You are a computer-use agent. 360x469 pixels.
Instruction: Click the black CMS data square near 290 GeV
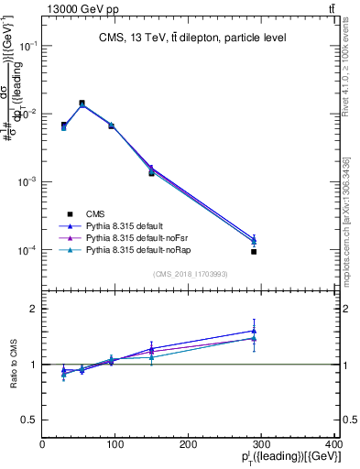pyautogui.click(x=254, y=252)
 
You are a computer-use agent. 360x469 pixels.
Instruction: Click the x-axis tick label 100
pyautogui.click(x=115, y=444)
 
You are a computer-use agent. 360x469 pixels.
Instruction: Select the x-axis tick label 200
pyautogui.click(x=189, y=444)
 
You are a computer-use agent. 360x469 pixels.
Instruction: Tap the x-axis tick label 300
pyautogui.click(x=262, y=444)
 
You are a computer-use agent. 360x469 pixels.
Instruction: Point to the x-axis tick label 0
pyautogui.click(x=43, y=444)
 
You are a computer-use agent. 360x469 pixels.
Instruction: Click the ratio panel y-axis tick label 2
pyautogui.click(x=33, y=309)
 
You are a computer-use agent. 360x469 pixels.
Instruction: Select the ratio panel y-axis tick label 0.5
pyautogui.click(x=29, y=420)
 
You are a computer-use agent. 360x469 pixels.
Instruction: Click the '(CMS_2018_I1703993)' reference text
pyautogui.click(x=191, y=274)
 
